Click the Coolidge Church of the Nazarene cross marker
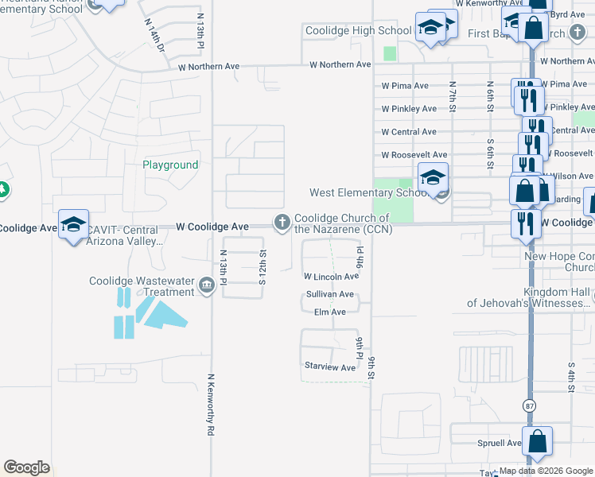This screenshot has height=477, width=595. tap(282, 223)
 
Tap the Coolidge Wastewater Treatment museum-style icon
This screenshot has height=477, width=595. tap(206, 285)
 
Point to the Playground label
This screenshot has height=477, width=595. tap(170, 165)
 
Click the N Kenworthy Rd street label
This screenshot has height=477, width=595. tap(211, 405)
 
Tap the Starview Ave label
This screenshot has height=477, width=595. tap(330, 367)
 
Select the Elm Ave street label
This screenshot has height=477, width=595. tap(329, 312)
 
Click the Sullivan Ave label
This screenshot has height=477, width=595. tap(329, 294)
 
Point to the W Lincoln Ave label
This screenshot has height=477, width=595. tap(331, 277)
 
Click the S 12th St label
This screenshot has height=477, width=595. tap(262, 266)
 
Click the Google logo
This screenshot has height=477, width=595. tap(26, 467)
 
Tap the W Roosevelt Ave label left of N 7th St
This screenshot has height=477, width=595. tap(414, 155)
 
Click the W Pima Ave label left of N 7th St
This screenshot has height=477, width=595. tap(405, 86)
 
